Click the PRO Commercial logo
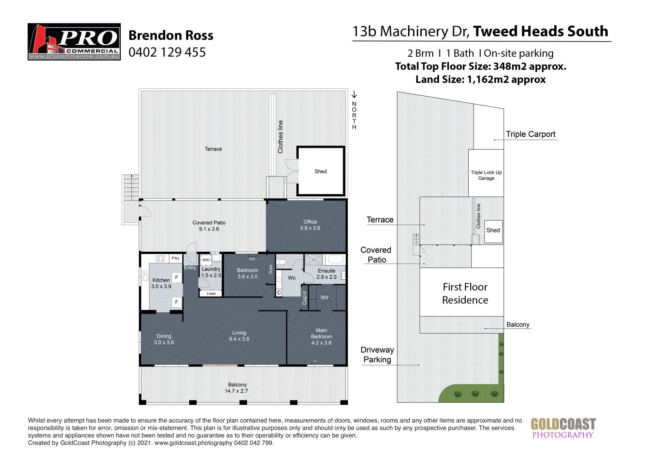[74, 42]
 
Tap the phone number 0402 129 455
[167, 52]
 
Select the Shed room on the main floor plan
[321, 171]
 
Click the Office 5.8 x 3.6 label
[310, 225]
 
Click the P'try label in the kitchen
[175, 258]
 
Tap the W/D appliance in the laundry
[206, 260]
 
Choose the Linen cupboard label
[211, 294]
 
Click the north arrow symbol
[354, 94]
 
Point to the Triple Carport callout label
[530, 134]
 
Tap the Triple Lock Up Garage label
[486, 175]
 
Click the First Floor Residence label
[465, 293]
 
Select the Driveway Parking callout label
[377, 355]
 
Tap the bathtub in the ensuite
[336, 259]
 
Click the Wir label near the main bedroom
[324, 297]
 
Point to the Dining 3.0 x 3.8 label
[164, 339]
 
